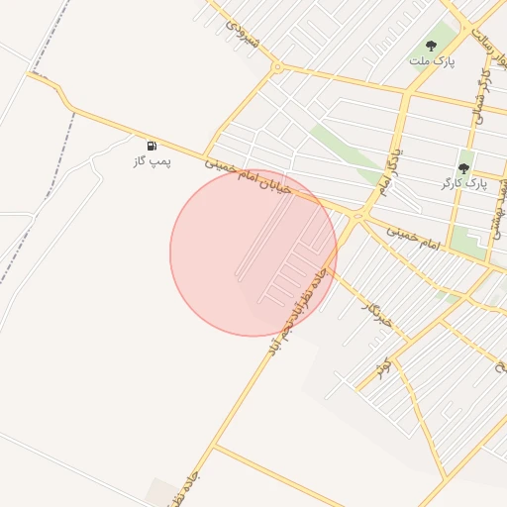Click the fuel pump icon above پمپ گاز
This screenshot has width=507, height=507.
coord(152,146)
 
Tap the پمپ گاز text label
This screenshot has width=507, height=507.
coord(152,160)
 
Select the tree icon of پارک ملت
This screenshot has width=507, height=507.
coord(431,46)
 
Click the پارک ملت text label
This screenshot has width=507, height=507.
coord(431,60)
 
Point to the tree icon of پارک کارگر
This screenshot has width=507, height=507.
coord(463,169)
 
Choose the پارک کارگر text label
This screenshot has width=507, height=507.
coord(463,184)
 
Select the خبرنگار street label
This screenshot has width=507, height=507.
coord(379,314)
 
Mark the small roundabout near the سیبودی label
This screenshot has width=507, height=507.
coord(278,67)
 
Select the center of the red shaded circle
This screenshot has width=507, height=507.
coord(253,253)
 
